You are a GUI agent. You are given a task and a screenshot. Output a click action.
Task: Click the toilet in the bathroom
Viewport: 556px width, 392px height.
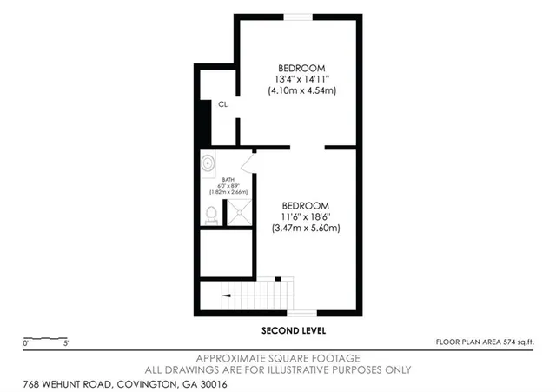point(211,214)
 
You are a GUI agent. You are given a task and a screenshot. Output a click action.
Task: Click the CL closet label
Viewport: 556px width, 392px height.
point(223,104)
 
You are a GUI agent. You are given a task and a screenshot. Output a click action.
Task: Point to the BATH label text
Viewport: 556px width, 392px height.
point(227,180)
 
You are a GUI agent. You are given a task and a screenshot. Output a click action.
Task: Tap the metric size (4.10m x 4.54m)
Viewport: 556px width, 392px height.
point(301,90)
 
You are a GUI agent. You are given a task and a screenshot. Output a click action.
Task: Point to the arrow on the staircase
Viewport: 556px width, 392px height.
point(228,296)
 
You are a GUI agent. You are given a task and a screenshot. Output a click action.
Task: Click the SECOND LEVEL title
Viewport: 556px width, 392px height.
point(294,331)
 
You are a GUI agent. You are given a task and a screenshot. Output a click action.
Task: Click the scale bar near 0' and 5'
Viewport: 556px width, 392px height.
point(45,338)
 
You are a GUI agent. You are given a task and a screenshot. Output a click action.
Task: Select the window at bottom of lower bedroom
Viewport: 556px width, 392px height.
point(302,311)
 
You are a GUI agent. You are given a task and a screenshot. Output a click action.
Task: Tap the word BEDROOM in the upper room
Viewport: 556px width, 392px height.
point(301,68)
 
